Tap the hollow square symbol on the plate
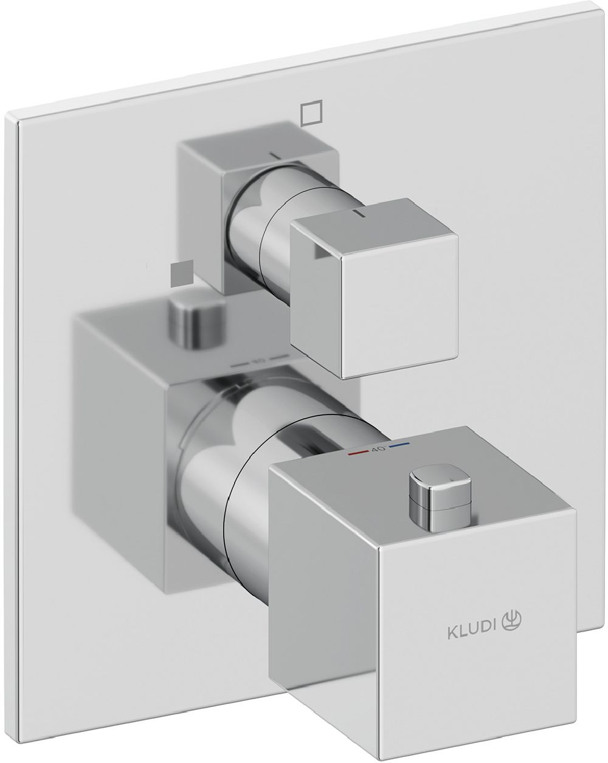coord(310,112)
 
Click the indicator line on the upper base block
coord(277,156)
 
